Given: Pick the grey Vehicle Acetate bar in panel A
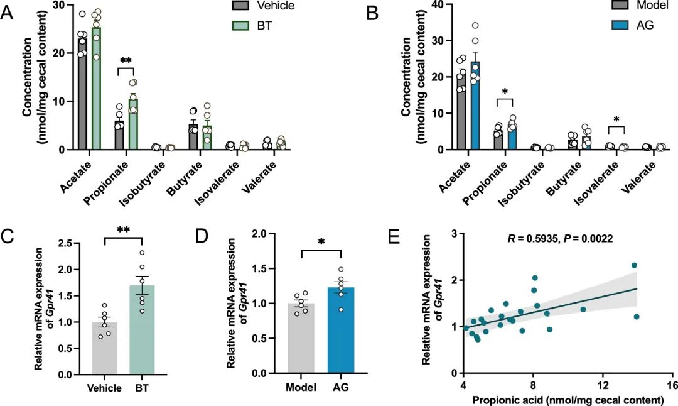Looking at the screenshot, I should [x=82, y=94].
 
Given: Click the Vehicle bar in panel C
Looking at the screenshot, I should [x=105, y=348].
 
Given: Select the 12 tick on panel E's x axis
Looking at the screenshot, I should [x=603, y=385].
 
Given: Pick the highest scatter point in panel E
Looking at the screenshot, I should [x=634, y=265].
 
